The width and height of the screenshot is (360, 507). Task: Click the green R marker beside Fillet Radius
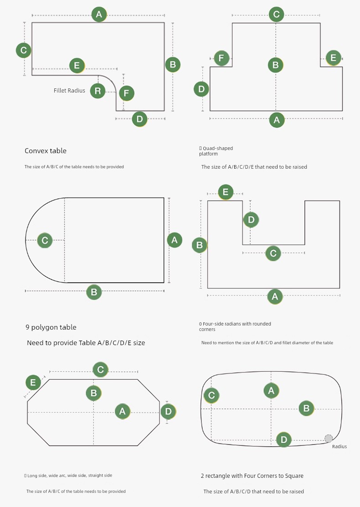pos(98,91)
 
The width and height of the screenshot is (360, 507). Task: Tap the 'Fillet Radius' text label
pos(69,91)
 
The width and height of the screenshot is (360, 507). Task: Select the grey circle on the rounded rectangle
pos(329,439)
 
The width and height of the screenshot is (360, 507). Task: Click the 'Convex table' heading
pos(46,150)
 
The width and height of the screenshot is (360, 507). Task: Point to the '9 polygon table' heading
pos(51,327)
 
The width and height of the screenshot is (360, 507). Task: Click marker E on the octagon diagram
pos(33,383)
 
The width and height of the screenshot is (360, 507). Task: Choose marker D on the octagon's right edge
pos(168,411)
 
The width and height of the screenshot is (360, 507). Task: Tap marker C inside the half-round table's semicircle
pos(45,240)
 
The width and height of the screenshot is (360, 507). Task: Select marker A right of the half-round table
pos(175,240)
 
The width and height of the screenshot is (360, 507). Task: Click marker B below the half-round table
pos(94,292)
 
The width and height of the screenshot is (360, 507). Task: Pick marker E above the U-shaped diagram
pos(226,192)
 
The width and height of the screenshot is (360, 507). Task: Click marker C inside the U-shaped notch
pos(273,253)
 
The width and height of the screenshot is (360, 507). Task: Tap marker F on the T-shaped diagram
pos(221,58)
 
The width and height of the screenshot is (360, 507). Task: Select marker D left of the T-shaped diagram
pos(201,89)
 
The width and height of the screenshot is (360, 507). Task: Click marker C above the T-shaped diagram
pos(276,14)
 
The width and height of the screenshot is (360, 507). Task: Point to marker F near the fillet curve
pos(127,93)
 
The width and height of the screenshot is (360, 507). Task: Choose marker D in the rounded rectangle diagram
pos(284,440)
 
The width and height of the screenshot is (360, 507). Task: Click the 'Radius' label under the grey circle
pos(339,446)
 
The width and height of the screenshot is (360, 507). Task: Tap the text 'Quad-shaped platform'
pos(216,151)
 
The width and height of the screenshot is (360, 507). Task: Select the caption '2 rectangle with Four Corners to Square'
pos(252,476)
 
